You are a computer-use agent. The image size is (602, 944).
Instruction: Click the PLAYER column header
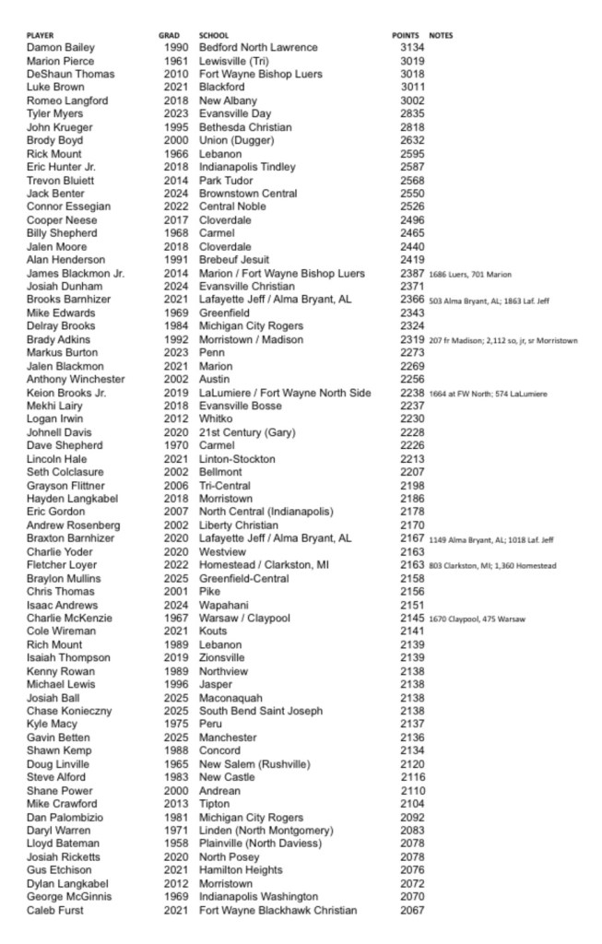click(x=41, y=35)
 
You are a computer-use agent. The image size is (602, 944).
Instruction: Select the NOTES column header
click(x=441, y=35)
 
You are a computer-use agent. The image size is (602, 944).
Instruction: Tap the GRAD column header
click(x=169, y=35)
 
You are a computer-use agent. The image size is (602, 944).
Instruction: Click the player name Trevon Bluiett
click(x=60, y=181)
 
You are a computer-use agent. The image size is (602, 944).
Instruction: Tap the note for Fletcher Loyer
click(x=492, y=566)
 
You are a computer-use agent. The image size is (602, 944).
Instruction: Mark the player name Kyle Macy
click(x=51, y=726)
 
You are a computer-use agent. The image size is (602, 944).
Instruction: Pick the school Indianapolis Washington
click(x=258, y=897)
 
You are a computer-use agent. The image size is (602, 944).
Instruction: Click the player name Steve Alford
click(x=56, y=778)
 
